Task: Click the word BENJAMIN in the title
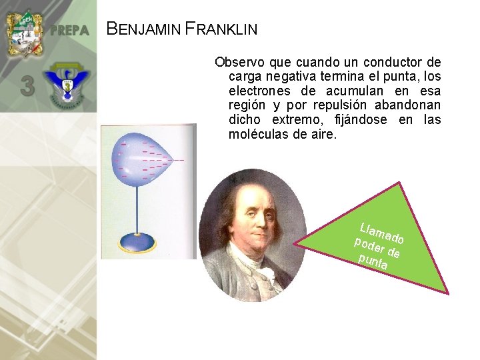[143, 29]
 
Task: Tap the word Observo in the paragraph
[238, 63]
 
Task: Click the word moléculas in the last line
[257, 135]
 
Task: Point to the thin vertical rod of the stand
[138, 207]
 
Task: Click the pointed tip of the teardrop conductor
[171, 159]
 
